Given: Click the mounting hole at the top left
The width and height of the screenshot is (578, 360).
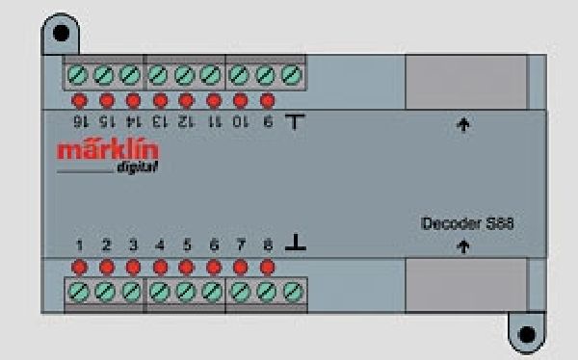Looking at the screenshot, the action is point(61,33).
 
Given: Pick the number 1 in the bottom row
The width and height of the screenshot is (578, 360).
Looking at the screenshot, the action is point(80,244).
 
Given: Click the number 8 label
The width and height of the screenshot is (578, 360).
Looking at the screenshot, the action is point(267,244).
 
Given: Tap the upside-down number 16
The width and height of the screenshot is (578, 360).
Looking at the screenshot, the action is point(80,118).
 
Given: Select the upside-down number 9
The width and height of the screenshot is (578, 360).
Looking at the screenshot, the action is point(267,118).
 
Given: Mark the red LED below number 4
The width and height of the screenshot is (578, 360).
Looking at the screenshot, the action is point(160,265).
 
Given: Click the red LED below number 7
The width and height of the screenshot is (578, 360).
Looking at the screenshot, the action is point(241,265).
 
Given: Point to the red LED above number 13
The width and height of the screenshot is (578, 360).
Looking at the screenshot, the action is point(160,99).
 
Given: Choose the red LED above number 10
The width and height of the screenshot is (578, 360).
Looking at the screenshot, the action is point(241,99).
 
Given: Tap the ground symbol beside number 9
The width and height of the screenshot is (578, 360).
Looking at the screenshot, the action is point(295,118).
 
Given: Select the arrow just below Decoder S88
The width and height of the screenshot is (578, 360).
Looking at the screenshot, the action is point(463,247).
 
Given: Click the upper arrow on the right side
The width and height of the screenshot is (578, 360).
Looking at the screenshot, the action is point(463,124).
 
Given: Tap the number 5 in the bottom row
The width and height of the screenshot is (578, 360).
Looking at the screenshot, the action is point(187,244).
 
